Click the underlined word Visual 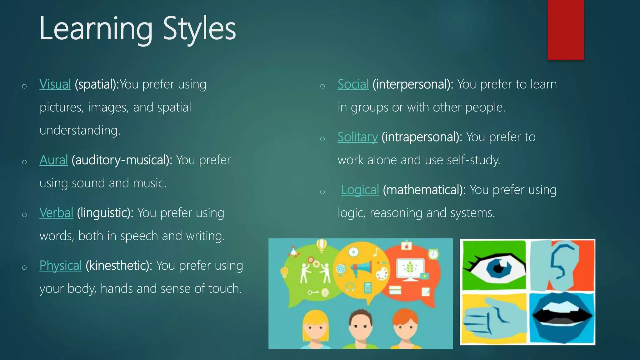55,84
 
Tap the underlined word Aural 53,160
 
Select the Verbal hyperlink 56,213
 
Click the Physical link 61,266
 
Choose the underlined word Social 353,84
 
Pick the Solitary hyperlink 357,137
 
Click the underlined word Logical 360,190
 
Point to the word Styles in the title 199,29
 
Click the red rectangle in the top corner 566,30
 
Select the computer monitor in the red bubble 410,269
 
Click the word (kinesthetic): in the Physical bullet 119,266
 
